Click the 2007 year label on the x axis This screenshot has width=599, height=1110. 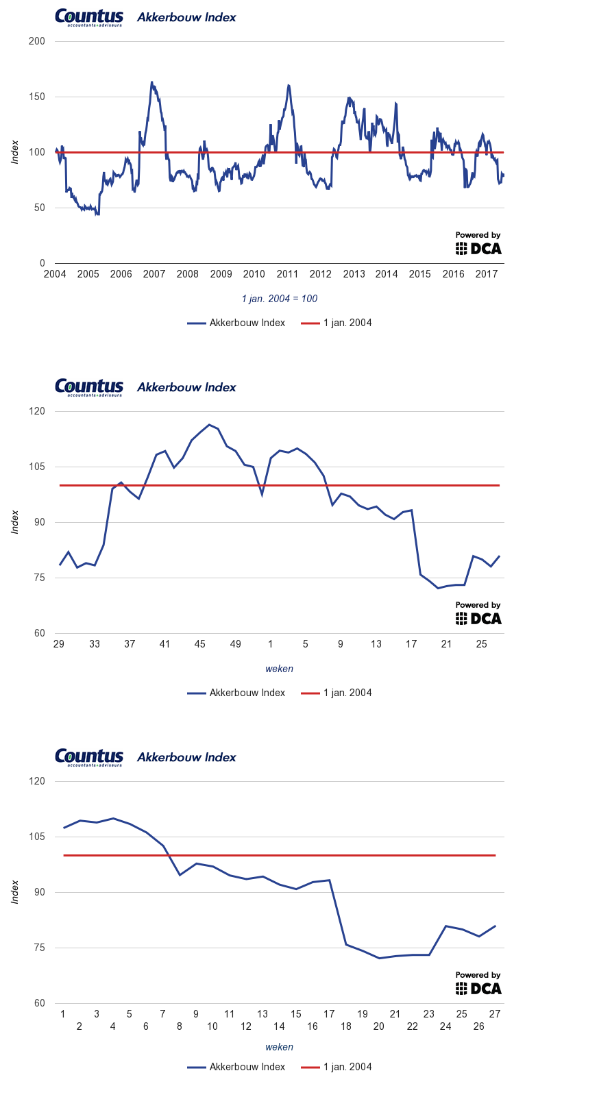154,274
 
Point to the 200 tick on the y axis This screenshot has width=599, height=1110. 37,41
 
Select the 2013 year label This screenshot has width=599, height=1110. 354,274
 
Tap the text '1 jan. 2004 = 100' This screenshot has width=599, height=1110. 280,299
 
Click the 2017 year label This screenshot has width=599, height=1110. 487,274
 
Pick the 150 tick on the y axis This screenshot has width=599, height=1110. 37,97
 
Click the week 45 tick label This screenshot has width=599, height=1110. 200,644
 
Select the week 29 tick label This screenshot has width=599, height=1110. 59,644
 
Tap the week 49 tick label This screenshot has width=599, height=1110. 235,644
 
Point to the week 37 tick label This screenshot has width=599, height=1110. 130,644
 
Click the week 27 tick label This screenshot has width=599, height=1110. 495,1014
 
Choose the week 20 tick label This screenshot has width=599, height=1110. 379,1026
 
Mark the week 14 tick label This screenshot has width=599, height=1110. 279,1026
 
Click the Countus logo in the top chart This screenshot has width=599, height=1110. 89,18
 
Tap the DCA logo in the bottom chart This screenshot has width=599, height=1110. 479,988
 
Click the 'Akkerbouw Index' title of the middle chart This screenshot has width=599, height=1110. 186,387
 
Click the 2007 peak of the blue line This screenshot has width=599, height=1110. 151,82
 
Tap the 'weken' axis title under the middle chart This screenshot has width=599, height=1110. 280,669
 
